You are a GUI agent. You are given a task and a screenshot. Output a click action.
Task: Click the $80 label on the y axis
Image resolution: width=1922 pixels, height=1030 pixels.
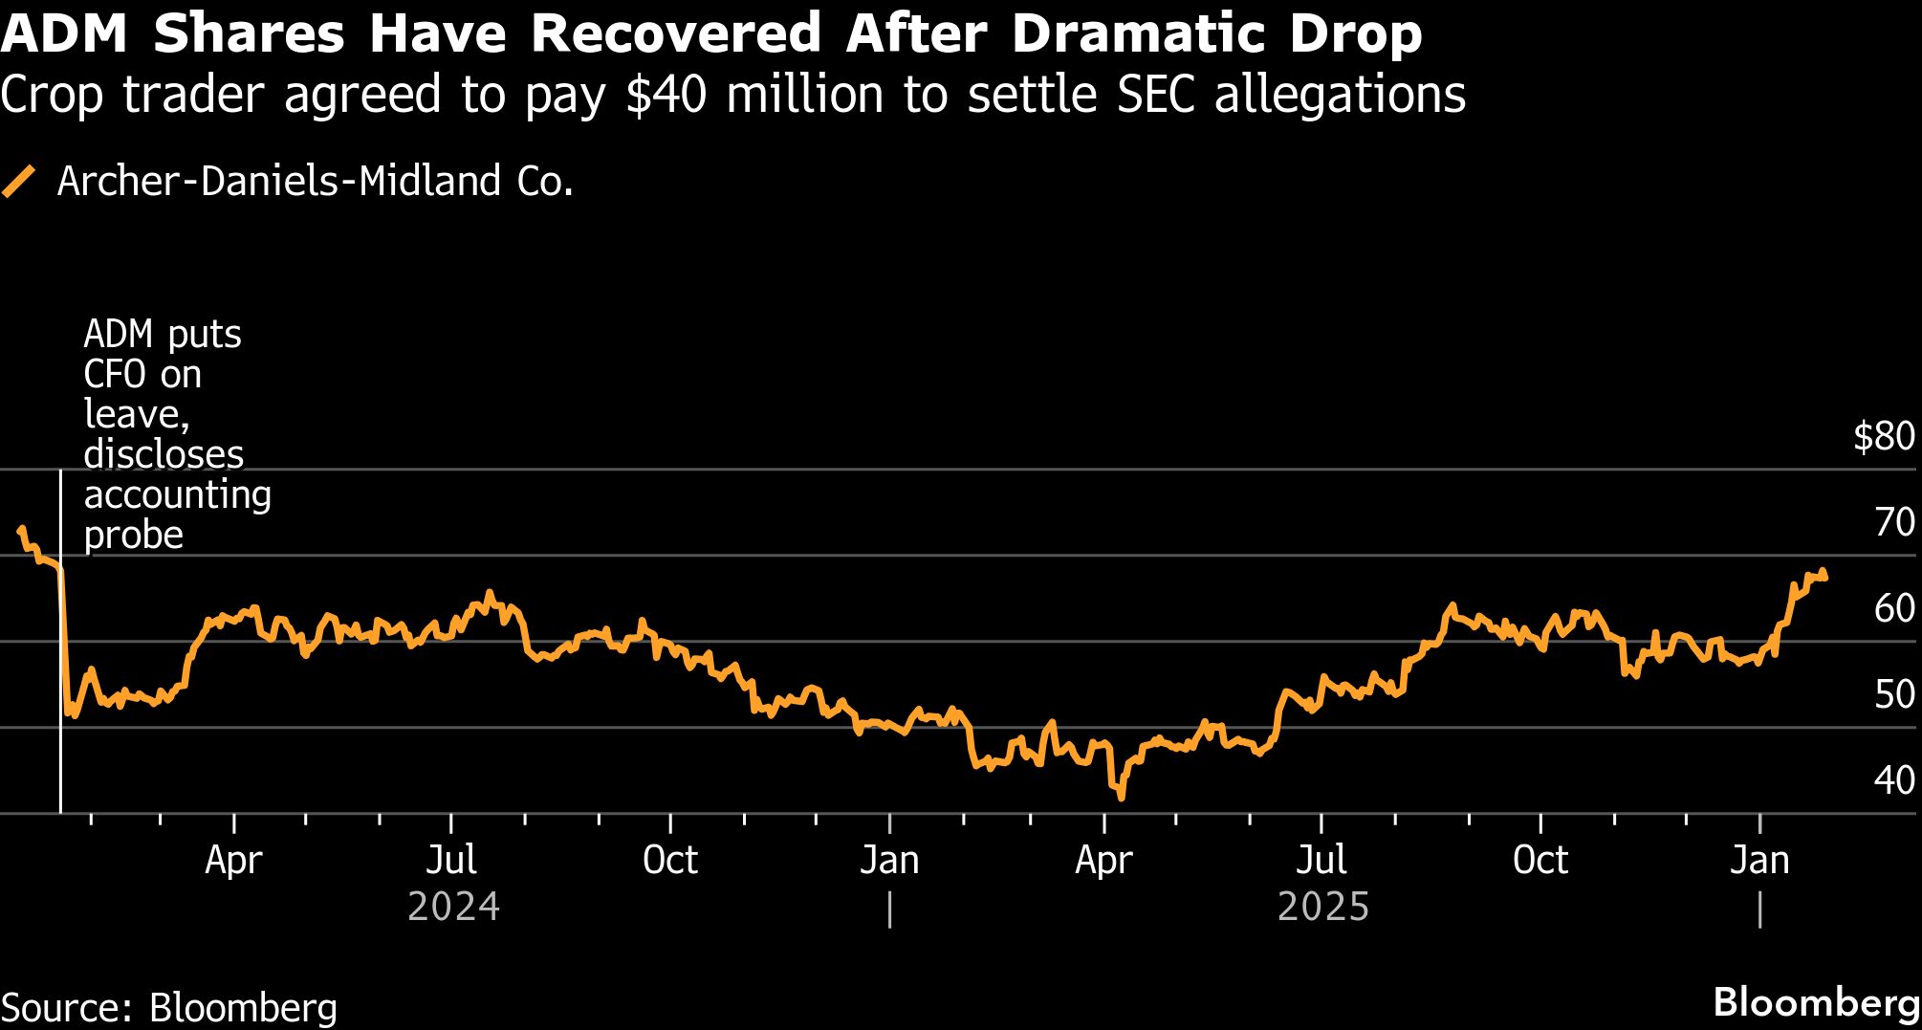1884,437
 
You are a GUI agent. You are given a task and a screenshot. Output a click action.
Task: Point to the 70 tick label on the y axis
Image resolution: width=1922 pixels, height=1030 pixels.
1894,523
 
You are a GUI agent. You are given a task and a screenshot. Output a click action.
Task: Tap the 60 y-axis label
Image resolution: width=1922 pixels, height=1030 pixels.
1894,609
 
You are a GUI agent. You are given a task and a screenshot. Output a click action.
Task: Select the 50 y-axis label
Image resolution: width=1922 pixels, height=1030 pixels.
1894,695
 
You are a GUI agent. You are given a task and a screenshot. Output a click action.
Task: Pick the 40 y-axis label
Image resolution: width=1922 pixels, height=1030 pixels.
1894,781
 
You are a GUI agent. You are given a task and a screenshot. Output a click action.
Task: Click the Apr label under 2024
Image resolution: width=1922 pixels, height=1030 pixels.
233,861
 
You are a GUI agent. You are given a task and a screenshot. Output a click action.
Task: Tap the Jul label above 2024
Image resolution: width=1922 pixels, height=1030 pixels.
451,861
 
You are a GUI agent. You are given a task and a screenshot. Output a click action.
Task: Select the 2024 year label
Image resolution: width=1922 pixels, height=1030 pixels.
453,907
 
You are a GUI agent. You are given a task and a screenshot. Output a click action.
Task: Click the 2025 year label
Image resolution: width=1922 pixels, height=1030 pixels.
1323,907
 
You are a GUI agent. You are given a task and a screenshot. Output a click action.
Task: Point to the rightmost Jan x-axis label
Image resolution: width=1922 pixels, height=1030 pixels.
1759,861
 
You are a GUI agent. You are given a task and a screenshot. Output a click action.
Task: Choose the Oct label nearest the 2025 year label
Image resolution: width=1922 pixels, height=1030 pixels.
1540,861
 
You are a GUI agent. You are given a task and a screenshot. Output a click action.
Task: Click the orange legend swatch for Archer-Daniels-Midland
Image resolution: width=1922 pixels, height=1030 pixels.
18,181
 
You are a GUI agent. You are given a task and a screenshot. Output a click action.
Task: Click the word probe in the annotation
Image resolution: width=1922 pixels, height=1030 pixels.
133,535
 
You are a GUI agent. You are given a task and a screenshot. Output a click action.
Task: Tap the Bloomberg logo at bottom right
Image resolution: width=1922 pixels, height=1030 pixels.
1816,1002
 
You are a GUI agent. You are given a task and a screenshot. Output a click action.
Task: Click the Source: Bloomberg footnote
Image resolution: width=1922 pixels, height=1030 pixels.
169,1008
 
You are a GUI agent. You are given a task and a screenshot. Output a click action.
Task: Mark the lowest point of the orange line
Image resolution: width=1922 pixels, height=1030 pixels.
1121,797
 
